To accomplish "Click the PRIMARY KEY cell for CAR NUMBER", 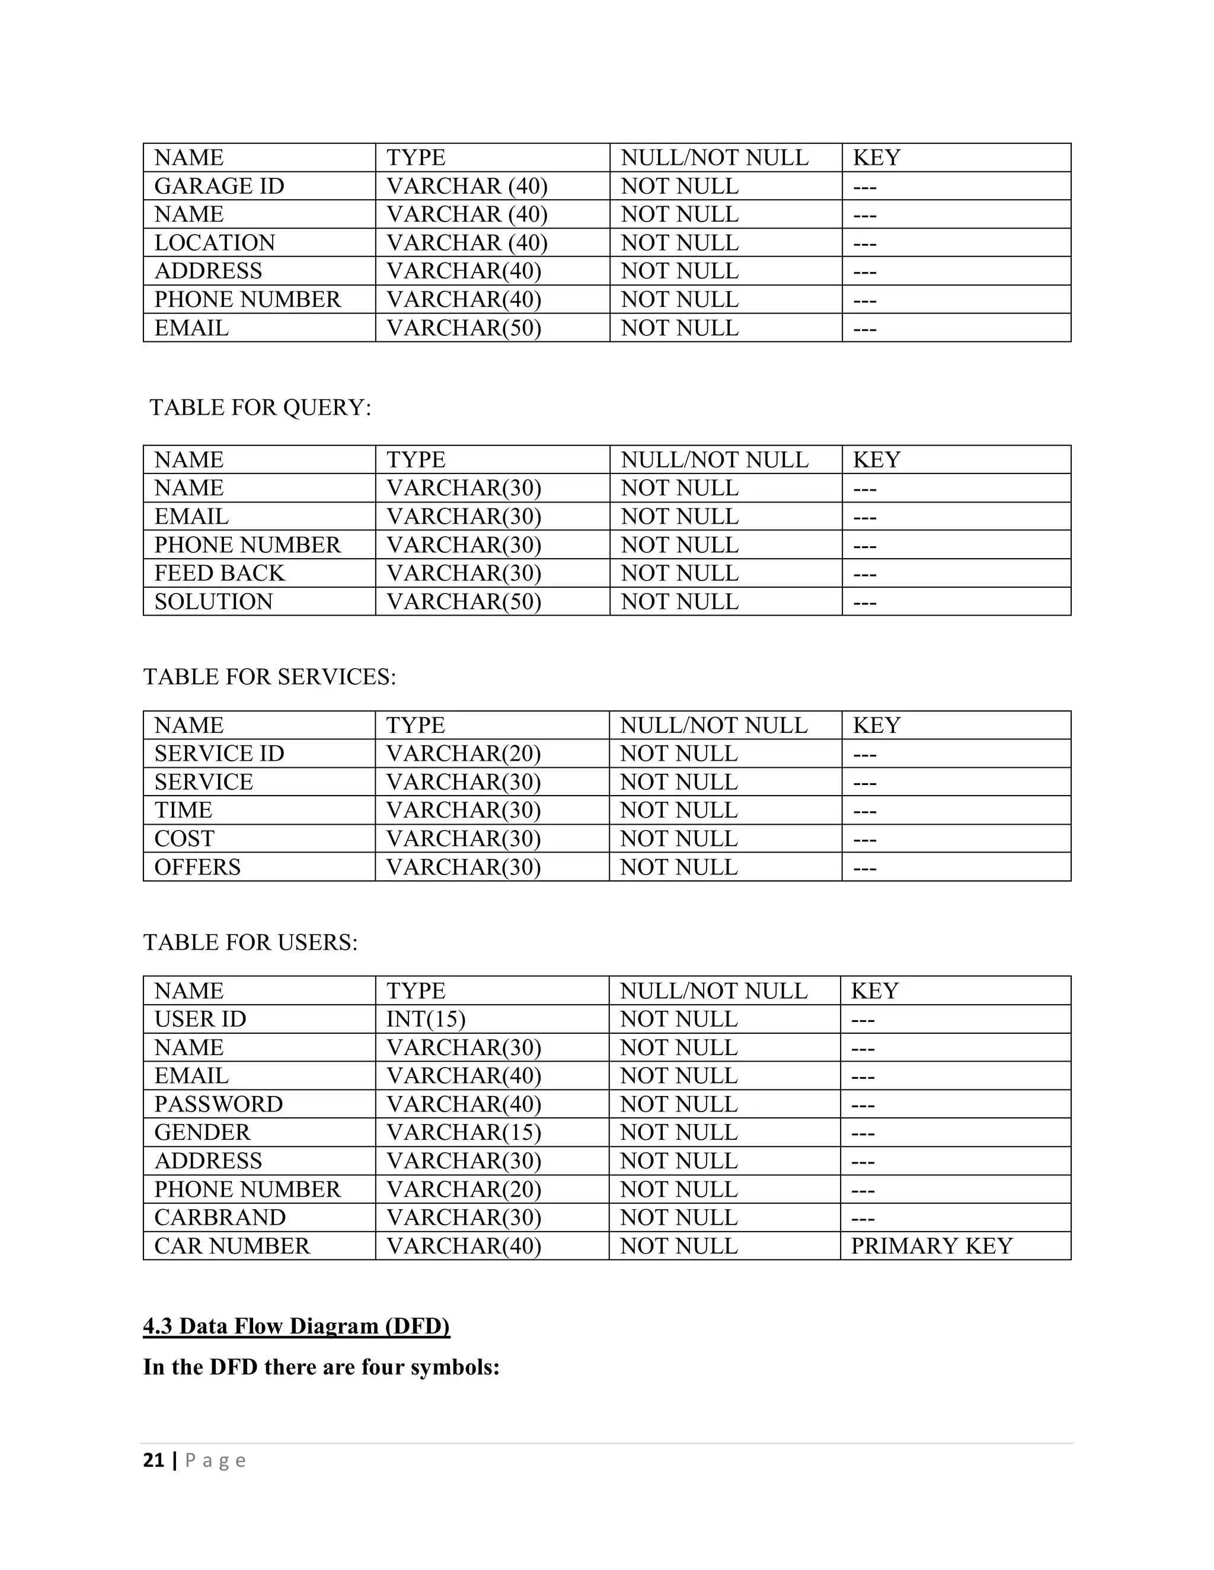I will point(931,1246).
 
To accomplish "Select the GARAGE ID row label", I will point(219,186).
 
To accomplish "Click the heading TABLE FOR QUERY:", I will point(260,408).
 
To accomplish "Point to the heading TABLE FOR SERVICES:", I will point(270,677).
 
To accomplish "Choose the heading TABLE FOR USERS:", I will point(250,942).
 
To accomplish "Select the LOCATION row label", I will point(215,243).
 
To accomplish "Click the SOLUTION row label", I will point(213,602).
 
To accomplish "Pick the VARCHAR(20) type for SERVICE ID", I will point(463,754).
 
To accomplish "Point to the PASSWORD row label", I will point(219,1104).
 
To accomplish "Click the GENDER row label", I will point(202,1132).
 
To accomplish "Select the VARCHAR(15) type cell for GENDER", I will point(463,1132).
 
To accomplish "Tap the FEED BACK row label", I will point(219,573).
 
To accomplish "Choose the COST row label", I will point(184,838).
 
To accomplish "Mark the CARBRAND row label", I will point(220,1217).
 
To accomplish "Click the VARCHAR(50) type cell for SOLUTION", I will point(463,602).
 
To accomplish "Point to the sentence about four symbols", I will point(321,1367).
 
